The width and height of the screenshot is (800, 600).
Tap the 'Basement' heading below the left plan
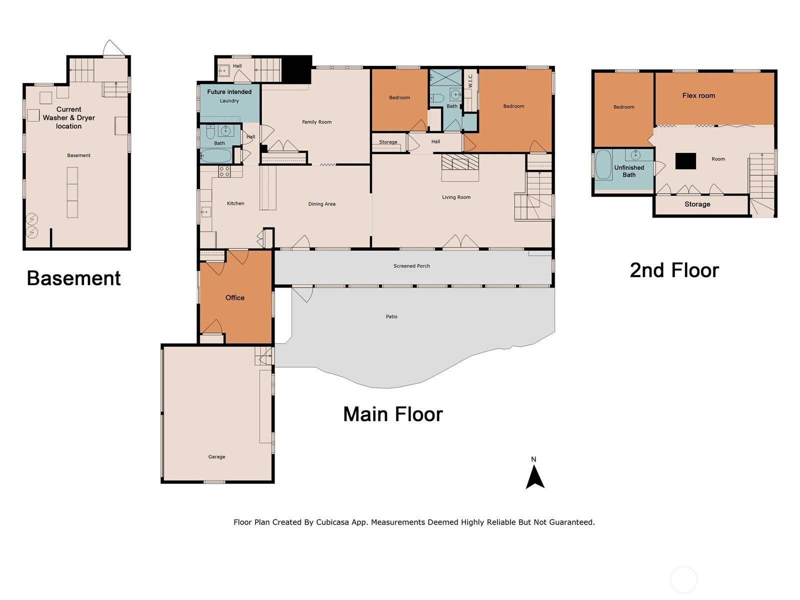73,278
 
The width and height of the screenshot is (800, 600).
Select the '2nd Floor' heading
674,270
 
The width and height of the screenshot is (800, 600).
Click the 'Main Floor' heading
393,414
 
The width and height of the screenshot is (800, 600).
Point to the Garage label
216,457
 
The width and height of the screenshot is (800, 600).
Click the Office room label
234,297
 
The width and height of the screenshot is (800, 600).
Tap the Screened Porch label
411,266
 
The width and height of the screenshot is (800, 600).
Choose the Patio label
391,316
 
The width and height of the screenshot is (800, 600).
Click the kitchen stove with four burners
224,171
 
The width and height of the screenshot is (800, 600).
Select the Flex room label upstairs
698,95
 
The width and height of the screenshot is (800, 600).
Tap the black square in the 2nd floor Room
685,161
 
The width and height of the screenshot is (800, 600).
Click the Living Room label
456,197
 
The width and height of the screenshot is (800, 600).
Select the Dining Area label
322,204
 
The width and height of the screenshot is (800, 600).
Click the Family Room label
316,122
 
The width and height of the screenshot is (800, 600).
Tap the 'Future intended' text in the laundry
229,92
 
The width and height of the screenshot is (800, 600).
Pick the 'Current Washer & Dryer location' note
69,117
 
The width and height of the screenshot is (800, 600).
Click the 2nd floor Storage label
697,204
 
